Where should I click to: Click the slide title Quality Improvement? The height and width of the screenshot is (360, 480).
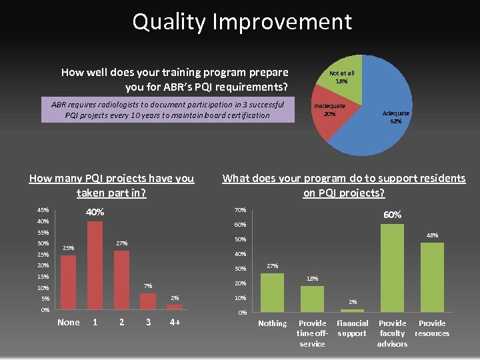[x=241, y=22]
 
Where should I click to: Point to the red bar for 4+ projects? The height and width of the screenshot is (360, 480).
[x=175, y=307]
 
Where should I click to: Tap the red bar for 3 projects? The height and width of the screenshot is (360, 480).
[x=148, y=301]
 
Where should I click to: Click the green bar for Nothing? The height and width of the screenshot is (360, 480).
[x=272, y=292]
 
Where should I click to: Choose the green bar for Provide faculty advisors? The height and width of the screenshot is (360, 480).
[x=392, y=267]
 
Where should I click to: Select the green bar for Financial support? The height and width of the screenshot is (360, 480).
[x=352, y=310]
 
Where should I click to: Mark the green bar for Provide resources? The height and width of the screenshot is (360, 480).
[x=432, y=277]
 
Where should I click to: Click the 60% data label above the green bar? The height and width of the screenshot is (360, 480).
[x=392, y=215]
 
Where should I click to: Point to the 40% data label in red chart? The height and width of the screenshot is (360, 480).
[x=95, y=212]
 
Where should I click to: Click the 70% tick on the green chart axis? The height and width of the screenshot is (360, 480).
[x=241, y=209]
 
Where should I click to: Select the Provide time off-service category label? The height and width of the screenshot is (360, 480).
[x=312, y=333]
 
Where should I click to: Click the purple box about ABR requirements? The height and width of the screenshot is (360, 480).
[x=167, y=110]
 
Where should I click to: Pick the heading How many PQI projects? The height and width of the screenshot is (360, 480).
[x=111, y=185]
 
